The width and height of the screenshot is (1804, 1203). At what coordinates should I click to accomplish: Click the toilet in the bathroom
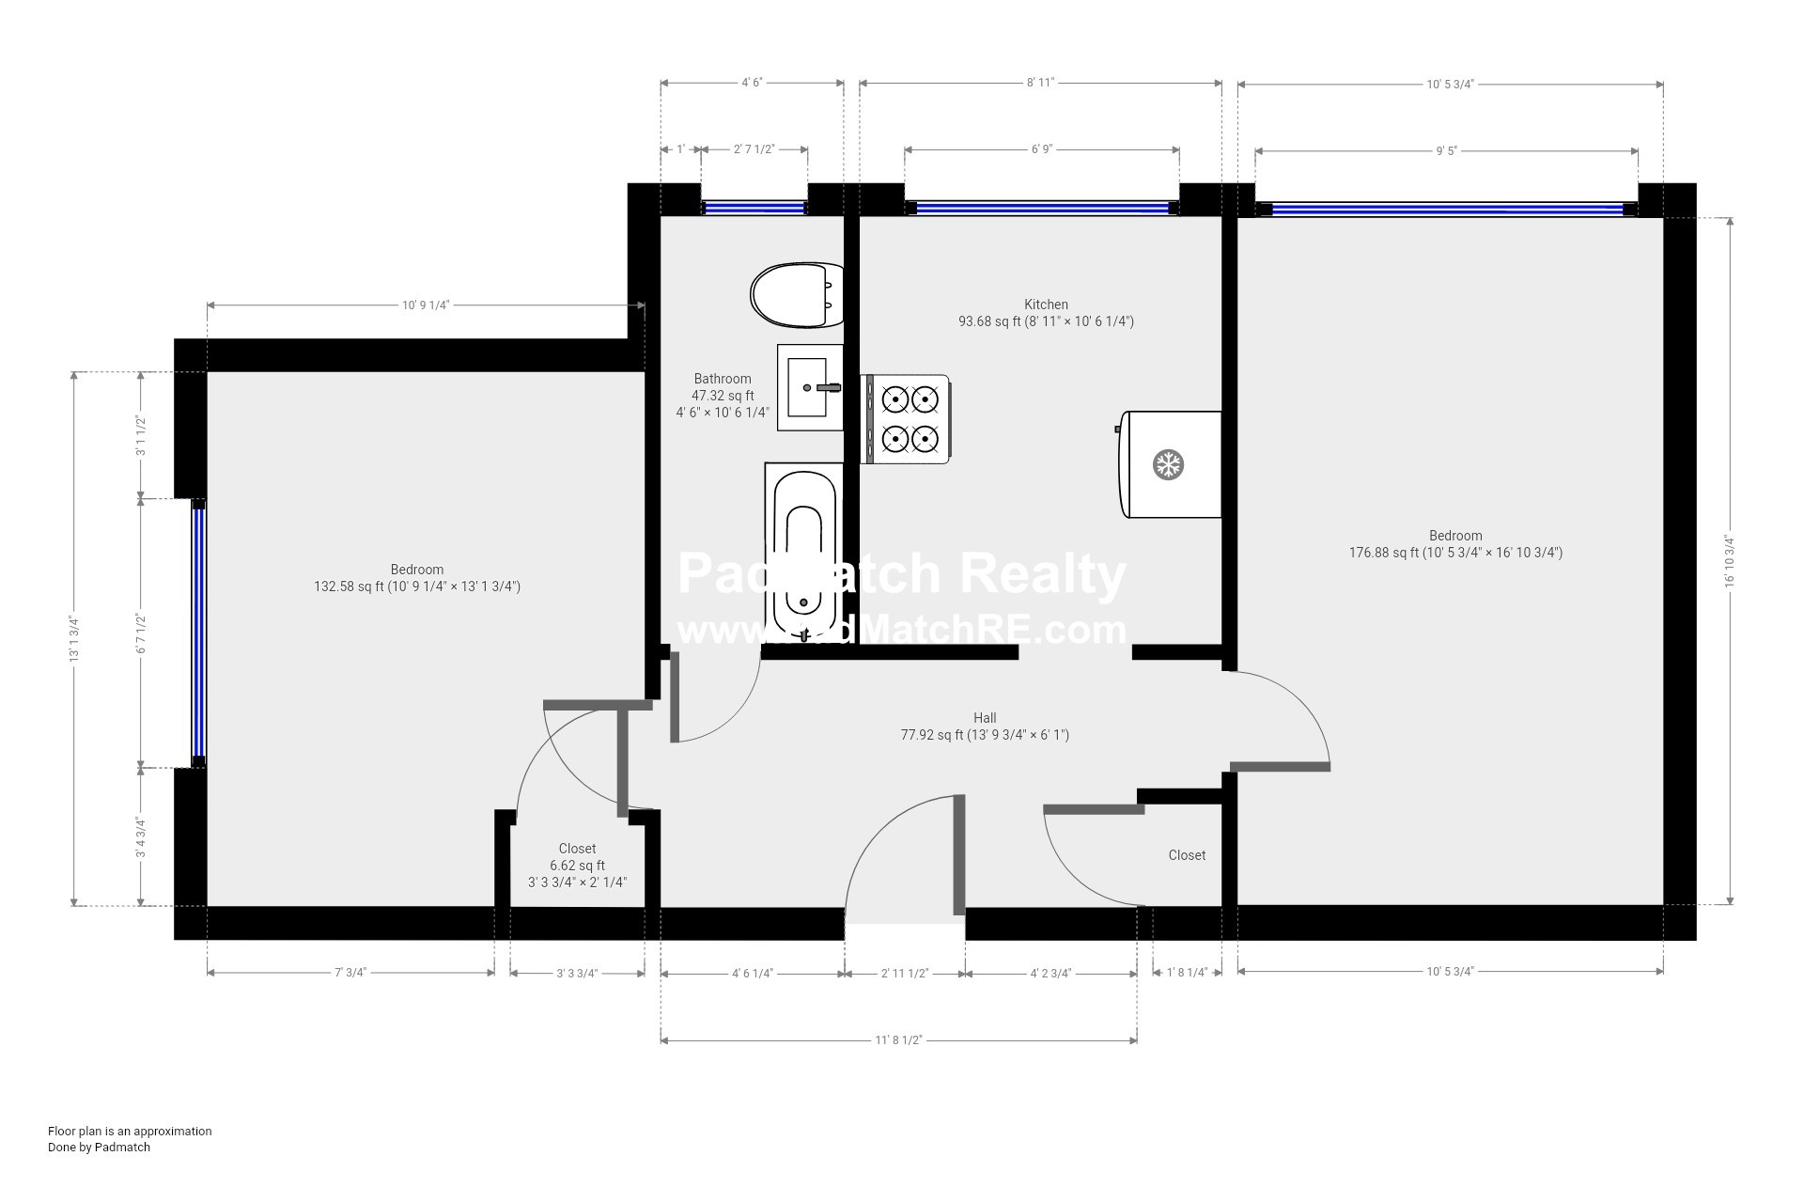tap(797, 295)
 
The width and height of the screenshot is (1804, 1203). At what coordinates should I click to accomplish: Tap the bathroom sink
tap(810, 387)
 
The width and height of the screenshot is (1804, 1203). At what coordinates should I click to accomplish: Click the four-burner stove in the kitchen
tap(906, 419)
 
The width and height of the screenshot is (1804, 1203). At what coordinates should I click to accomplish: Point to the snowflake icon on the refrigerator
tap(1168, 464)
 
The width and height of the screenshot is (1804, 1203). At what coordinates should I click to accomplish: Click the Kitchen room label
tap(1046, 305)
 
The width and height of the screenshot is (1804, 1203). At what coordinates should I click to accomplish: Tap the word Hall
tap(985, 718)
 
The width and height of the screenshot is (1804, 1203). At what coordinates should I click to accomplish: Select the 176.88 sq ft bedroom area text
tap(1455, 553)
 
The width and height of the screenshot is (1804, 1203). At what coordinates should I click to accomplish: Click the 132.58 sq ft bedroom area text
tap(417, 586)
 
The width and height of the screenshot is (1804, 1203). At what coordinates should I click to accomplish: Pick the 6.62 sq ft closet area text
tap(577, 866)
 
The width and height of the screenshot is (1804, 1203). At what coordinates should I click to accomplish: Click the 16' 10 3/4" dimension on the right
tap(1729, 561)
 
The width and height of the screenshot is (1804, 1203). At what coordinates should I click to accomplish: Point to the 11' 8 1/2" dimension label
tap(899, 1040)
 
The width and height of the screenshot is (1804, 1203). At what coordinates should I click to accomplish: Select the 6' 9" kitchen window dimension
tap(1042, 149)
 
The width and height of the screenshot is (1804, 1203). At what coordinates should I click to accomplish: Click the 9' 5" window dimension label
tap(1446, 150)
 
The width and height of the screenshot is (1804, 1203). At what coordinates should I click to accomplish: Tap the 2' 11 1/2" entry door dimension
tap(905, 974)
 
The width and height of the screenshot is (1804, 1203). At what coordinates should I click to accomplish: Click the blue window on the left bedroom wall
tap(198, 633)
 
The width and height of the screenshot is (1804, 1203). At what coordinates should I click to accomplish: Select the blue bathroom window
tap(754, 208)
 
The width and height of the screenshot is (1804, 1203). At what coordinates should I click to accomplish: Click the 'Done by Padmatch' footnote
tap(99, 1147)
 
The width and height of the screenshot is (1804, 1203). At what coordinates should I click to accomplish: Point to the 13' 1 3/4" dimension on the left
tap(73, 639)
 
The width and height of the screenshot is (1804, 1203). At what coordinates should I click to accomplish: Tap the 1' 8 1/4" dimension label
tap(1187, 973)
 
